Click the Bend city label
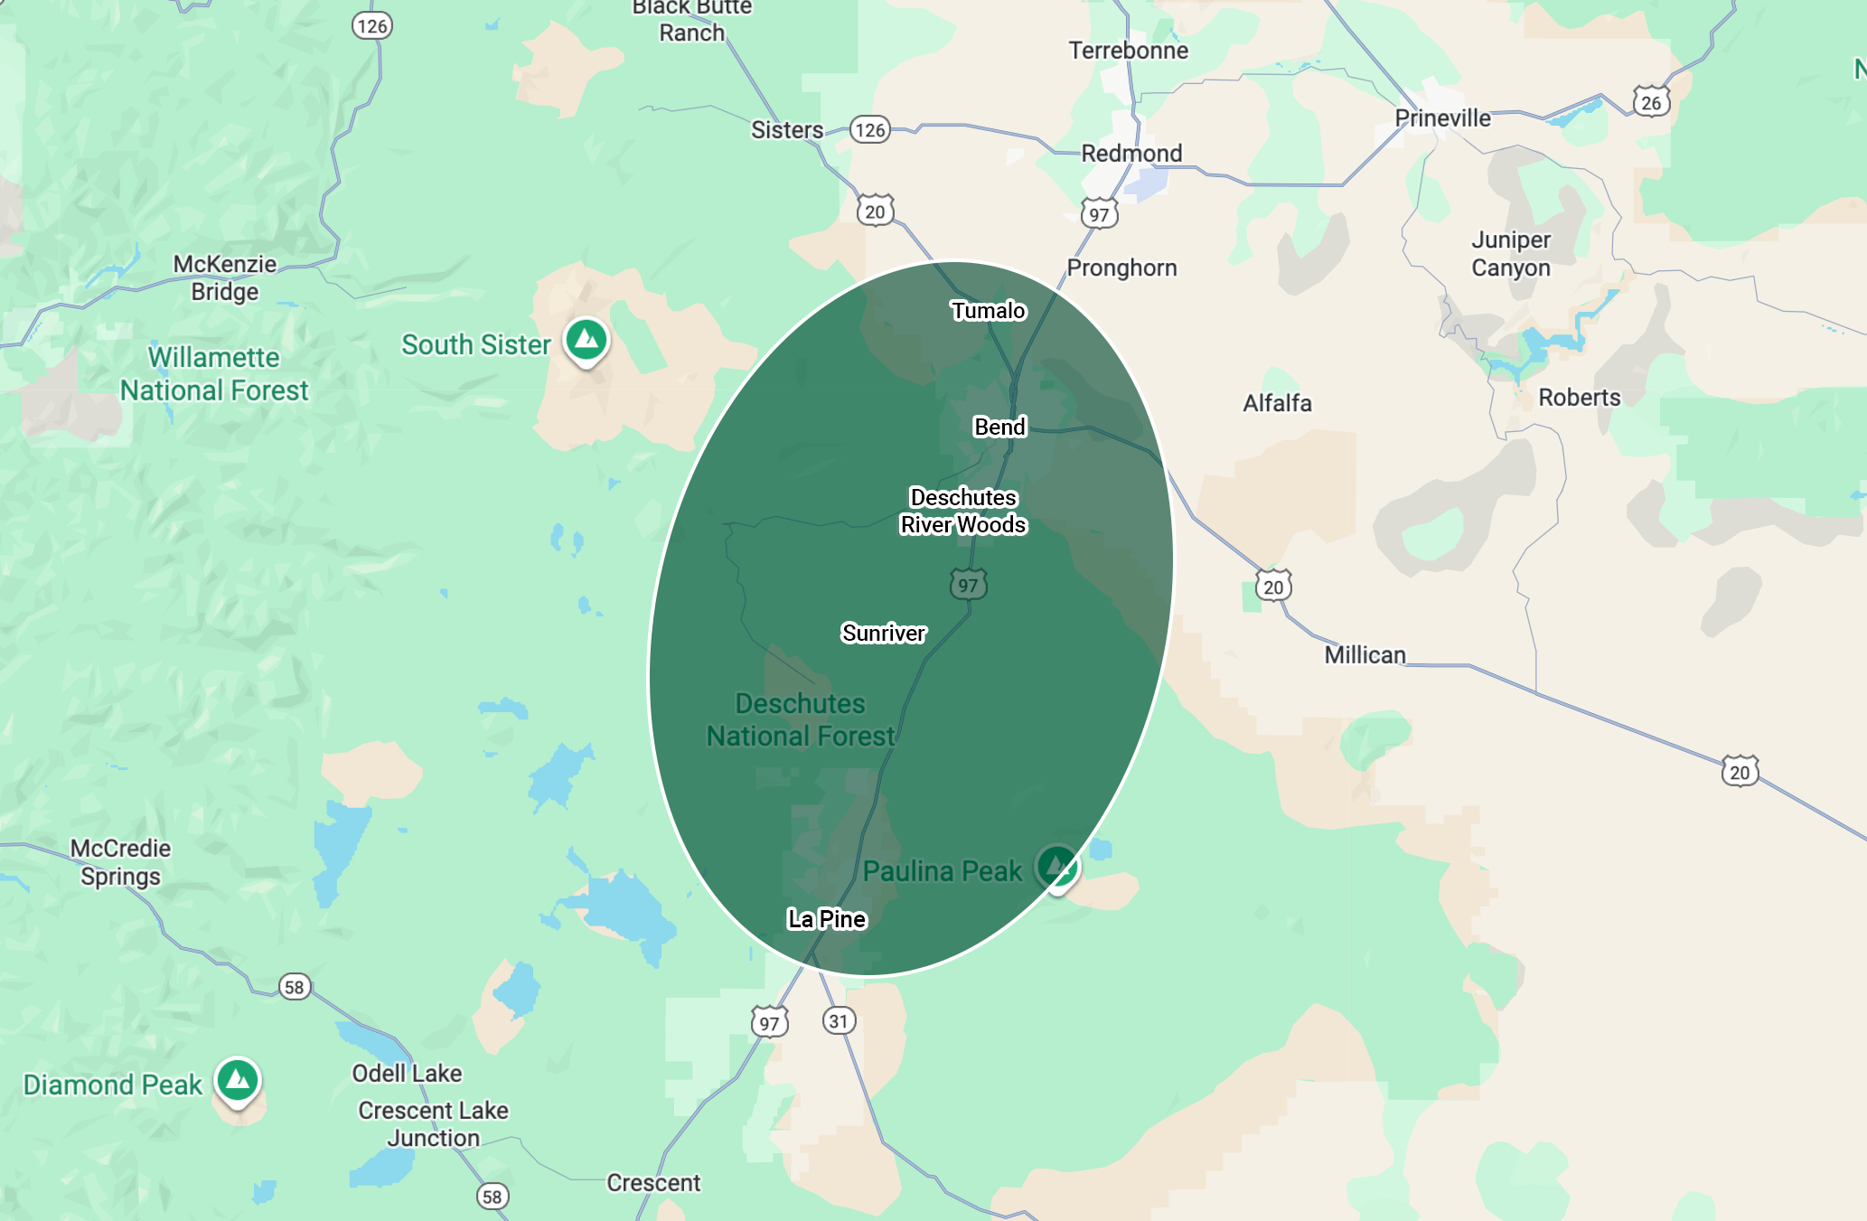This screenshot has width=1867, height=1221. (x=999, y=427)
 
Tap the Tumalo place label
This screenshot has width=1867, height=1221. (x=988, y=311)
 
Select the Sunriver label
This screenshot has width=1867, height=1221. (x=883, y=633)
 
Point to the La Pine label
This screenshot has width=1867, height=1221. (x=827, y=919)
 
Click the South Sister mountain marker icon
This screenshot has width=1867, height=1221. (x=586, y=340)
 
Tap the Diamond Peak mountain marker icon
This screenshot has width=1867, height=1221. (x=238, y=1079)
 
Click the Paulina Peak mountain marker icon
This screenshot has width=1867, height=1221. (x=1056, y=866)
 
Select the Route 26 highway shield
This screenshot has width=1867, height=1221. (x=1651, y=102)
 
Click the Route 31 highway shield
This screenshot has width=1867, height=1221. (x=839, y=1021)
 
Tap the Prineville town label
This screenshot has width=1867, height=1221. (x=1442, y=118)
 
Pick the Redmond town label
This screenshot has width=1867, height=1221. (x=1131, y=154)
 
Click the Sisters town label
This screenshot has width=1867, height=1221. (x=787, y=130)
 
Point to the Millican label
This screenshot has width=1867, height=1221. (x=1365, y=654)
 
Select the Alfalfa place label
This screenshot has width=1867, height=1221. (x=1277, y=403)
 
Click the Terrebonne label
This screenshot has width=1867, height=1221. (x=1128, y=51)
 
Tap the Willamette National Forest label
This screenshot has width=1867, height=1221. (x=214, y=374)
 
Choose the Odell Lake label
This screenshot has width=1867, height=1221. (x=407, y=1073)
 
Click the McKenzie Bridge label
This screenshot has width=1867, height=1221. (x=225, y=277)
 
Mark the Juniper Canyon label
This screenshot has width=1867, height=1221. (x=1510, y=254)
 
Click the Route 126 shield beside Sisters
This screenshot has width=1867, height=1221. (x=870, y=130)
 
